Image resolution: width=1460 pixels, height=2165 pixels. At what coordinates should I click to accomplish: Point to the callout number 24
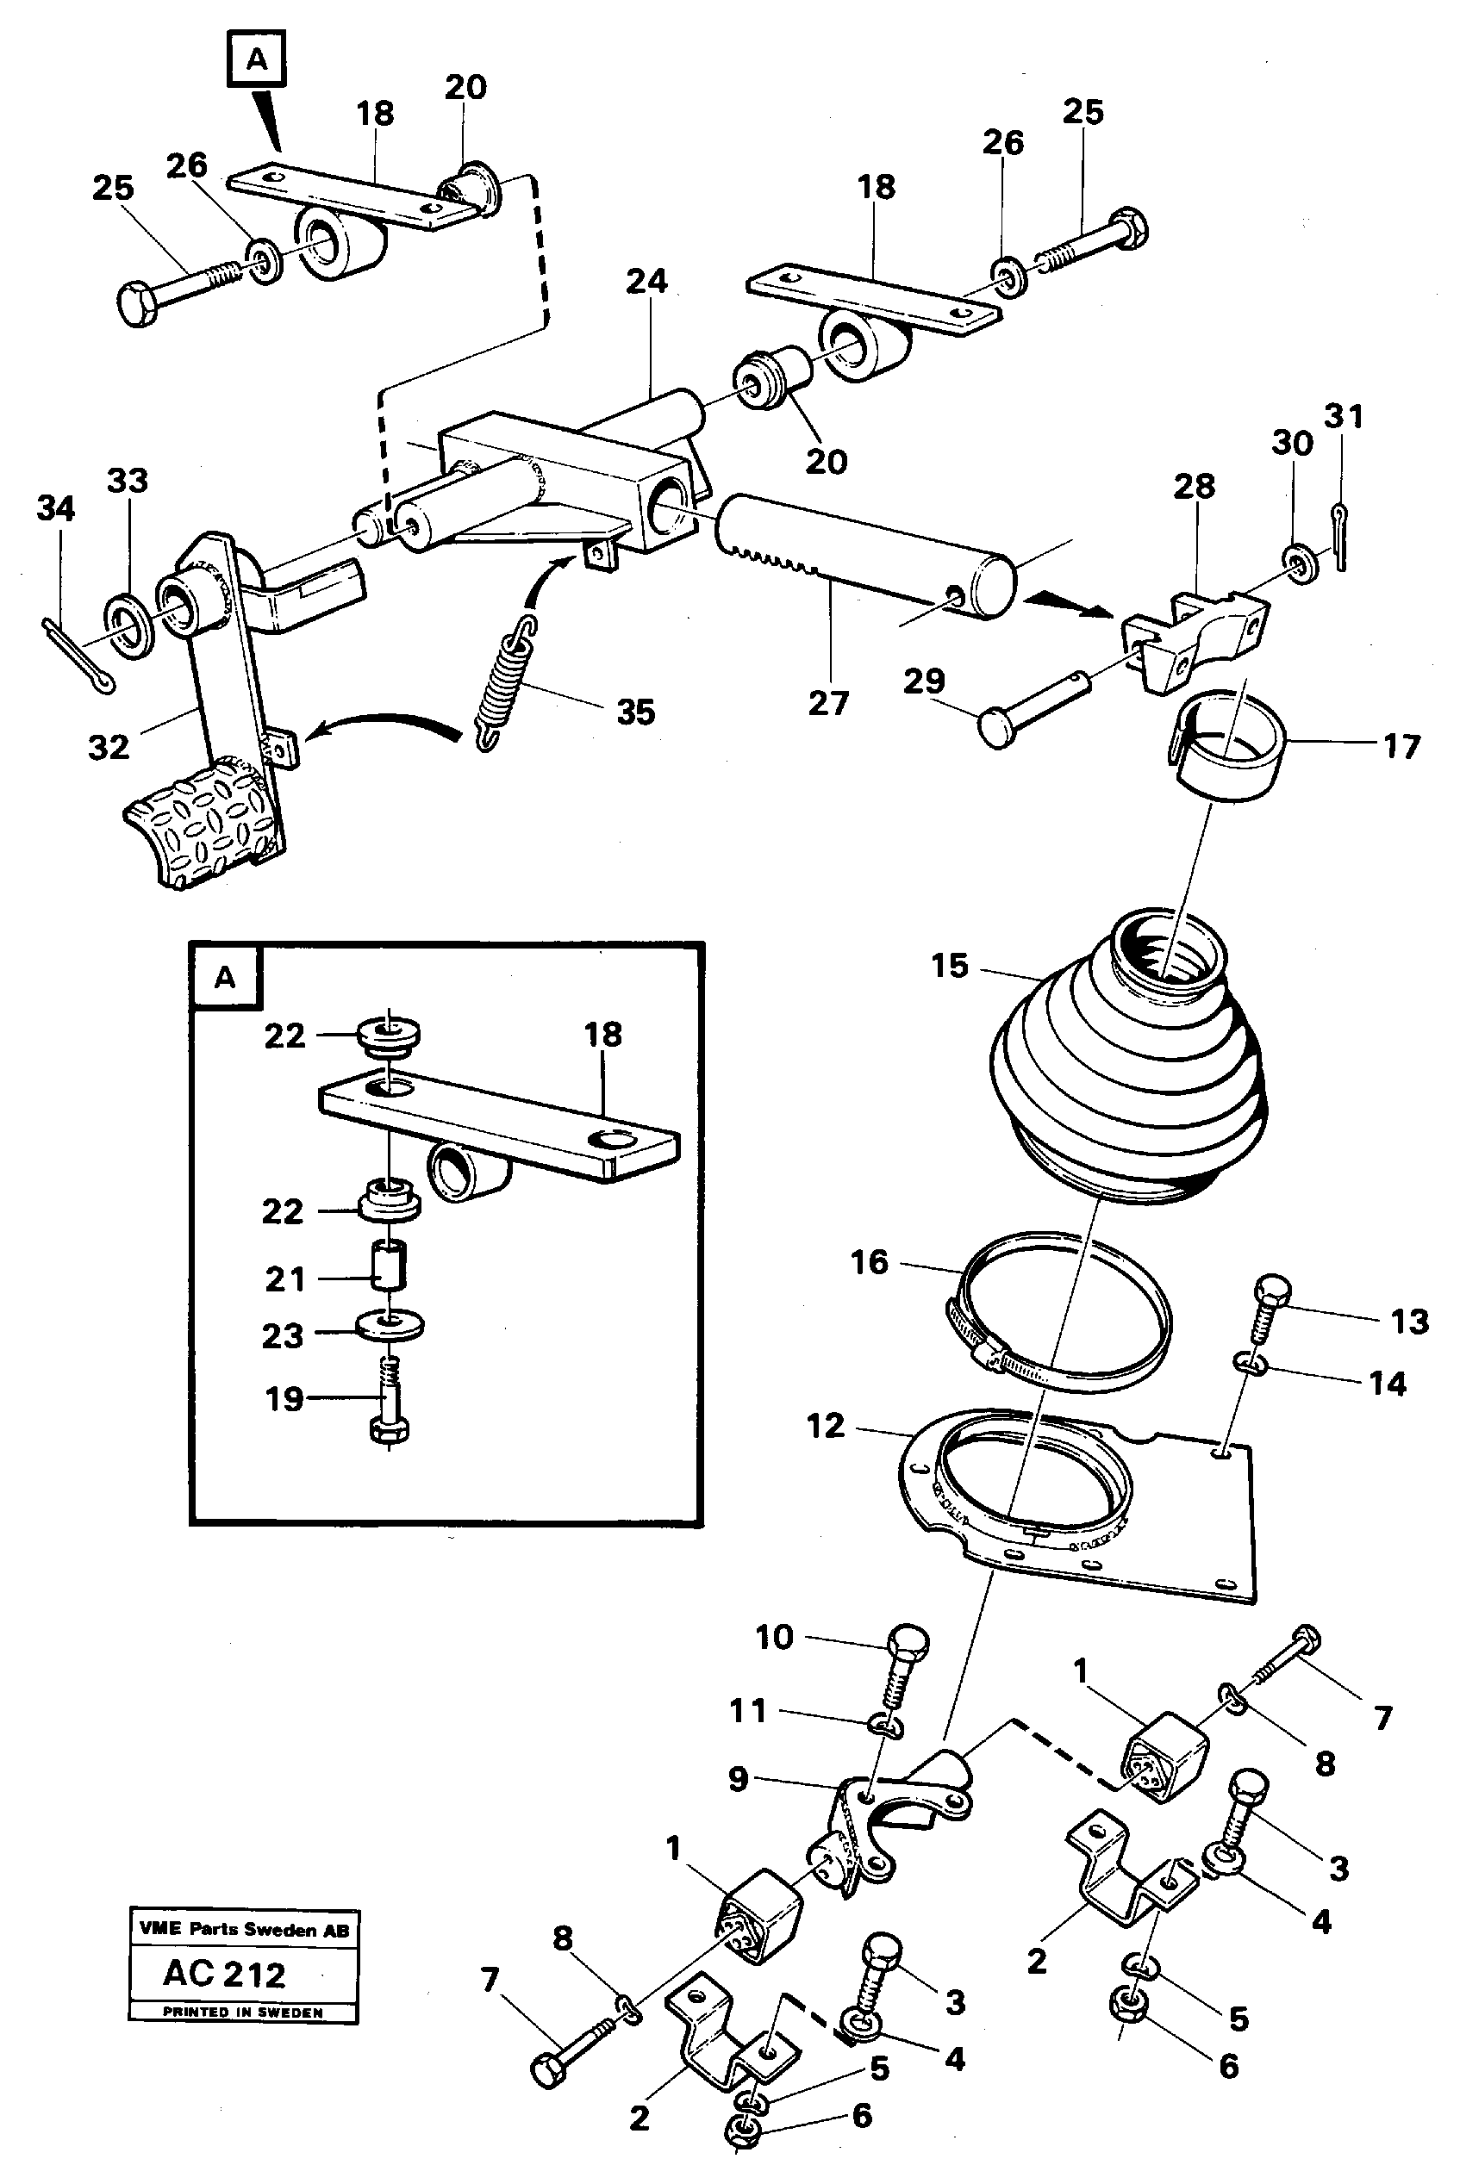click(647, 281)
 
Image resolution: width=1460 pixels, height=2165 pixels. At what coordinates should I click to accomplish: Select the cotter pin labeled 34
click(78, 656)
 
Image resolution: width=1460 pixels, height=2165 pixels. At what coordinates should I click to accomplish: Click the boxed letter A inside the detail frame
click(225, 978)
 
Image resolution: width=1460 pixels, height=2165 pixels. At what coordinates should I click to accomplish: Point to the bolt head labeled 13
click(1272, 1295)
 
